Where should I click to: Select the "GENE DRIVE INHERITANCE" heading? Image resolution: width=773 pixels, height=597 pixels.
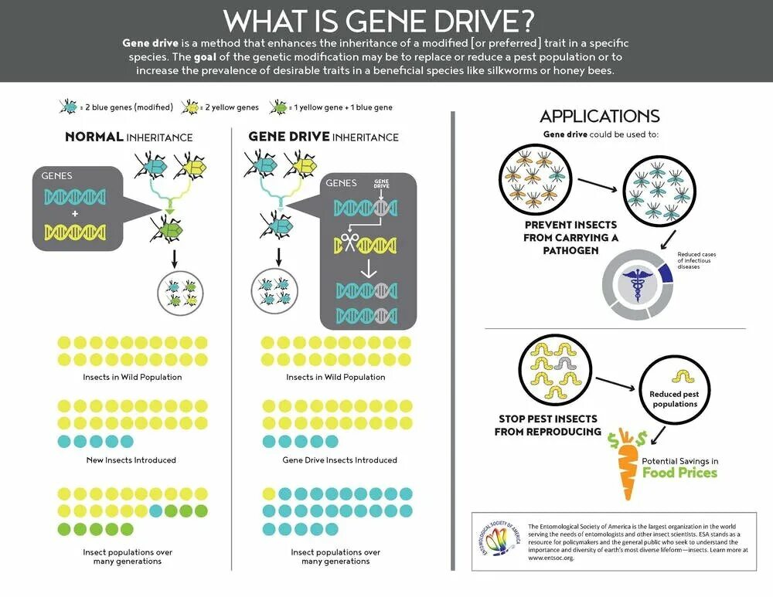(323, 137)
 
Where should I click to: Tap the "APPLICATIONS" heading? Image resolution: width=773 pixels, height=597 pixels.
(599, 117)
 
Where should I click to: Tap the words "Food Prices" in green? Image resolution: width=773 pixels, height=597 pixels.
(679, 473)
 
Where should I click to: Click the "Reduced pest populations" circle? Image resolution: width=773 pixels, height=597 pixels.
(675, 388)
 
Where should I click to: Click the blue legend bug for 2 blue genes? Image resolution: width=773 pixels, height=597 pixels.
(68, 107)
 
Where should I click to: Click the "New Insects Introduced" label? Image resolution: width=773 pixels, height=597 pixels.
(131, 460)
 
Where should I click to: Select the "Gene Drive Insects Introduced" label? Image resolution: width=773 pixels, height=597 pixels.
(339, 460)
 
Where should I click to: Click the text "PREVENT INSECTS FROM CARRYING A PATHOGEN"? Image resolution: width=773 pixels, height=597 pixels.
(571, 238)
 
